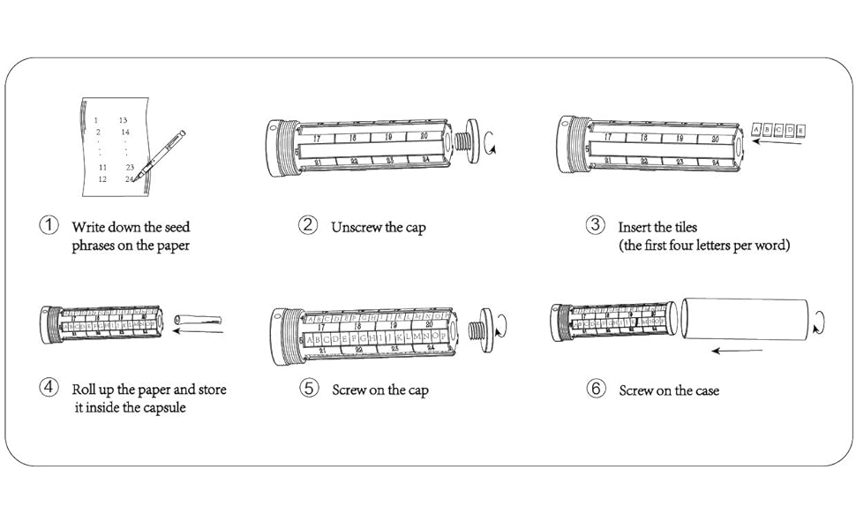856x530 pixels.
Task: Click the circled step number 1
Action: click(x=49, y=225)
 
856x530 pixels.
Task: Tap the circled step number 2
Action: click(x=307, y=225)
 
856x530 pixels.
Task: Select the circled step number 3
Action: click(x=595, y=225)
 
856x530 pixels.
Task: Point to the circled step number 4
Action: click(x=49, y=388)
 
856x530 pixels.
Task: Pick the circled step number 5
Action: click(x=308, y=388)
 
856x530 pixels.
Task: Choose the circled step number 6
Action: click(x=597, y=388)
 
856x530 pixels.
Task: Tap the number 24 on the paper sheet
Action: click(x=129, y=179)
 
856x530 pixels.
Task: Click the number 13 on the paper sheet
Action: click(x=123, y=120)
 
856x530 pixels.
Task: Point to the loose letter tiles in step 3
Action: click(x=777, y=131)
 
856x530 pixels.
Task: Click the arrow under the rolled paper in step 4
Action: click(x=203, y=333)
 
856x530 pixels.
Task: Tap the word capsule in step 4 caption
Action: click(x=161, y=408)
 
